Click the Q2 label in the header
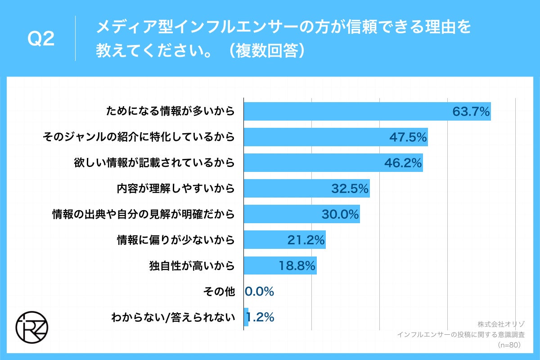click(x=41, y=40)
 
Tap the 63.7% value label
click(x=471, y=112)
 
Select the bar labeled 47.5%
click(x=335, y=137)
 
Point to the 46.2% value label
click(x=403, y=163)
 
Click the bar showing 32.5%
click(x=306, y=189)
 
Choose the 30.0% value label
click(x=340, y=214)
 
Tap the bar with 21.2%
click(x=284, y=240)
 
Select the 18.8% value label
click(x=297, y=265)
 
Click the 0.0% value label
click(x=260, y=292)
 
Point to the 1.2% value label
click(x=261, y=317)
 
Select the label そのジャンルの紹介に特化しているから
click(x=138, y=137)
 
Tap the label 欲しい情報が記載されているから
click(x=154, y=163)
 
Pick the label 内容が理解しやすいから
click(x=175, y=189)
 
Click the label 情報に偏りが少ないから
click(x=175, y=240)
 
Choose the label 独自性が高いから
click(x=192, y=265)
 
